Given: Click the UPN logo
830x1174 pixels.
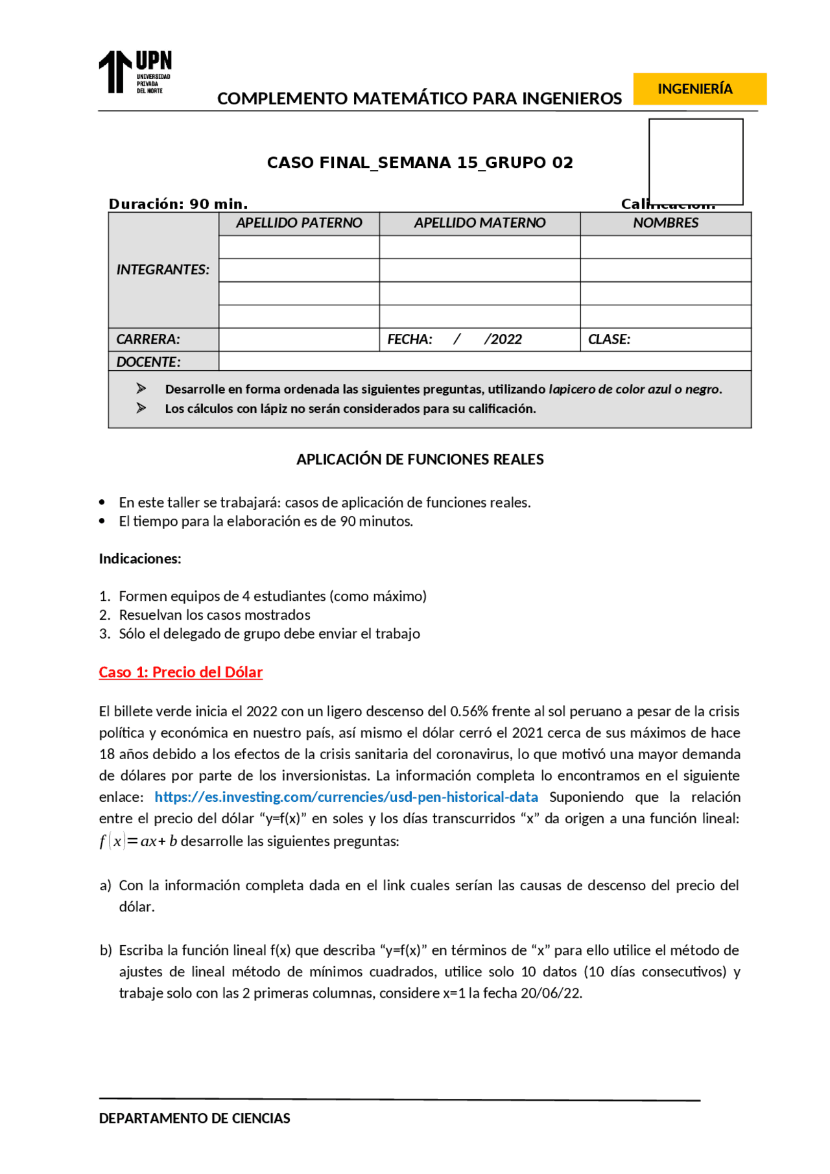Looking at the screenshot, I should click(x=135, y=72).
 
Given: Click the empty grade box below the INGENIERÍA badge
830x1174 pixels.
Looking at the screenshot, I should click(x=695, y=161).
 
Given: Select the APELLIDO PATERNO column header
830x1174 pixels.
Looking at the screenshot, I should click(x=298, y=223).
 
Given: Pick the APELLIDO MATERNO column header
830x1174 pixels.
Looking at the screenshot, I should click(x=479, y=223).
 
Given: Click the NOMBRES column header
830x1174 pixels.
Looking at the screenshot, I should click(x=665, y=223).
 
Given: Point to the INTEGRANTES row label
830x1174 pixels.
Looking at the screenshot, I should click(x=163, y=270).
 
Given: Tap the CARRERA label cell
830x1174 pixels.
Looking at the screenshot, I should click(x=148, y=339).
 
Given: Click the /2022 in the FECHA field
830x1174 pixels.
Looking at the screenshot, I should click(x=503, y=339).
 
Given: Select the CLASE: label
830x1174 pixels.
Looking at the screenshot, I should click(x=609, y=339).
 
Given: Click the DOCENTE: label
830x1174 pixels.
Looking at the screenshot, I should click(x=148, y=362).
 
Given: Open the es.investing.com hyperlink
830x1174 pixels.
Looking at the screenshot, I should click(x=346, y=797).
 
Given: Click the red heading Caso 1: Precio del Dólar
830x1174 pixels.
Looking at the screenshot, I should click(x=180, y=672).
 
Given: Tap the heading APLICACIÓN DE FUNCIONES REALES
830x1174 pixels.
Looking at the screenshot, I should click(x=420, y=460).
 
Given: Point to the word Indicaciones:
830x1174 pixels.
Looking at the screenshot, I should click(x=140, y=559).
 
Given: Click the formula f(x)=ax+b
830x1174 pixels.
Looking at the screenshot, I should click(x=138, y=841).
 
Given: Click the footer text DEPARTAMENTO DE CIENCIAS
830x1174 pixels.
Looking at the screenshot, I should click(x=195, y=1118).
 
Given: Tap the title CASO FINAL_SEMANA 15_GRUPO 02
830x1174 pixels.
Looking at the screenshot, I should click(x=420, y=163).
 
